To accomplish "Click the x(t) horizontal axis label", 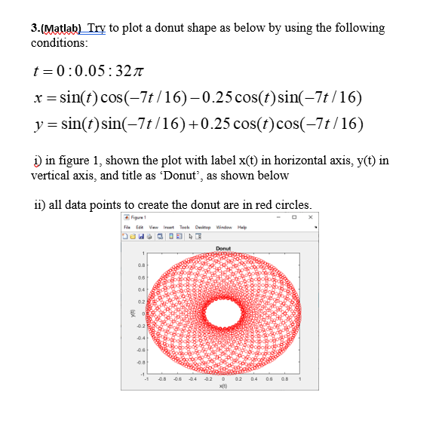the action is [x=223, y=385].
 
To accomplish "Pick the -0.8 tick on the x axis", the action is [x=160, y=378].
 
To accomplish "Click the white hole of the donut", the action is [x=223, y=312].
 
